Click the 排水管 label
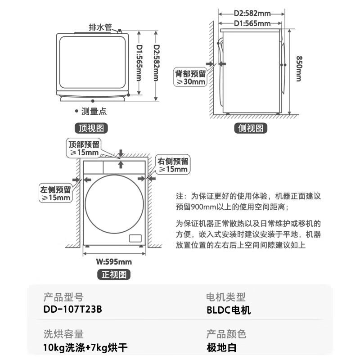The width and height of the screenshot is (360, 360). coord(100,27)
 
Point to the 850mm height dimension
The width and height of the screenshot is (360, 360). coord(299,68)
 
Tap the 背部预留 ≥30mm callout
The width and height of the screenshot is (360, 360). coord(190,78)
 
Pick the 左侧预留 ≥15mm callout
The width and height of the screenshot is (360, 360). coord(55,193)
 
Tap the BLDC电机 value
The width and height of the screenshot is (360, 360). coord(228,310)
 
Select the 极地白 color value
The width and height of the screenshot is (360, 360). coord(221,347)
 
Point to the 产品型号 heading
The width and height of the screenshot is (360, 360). coord(63,297)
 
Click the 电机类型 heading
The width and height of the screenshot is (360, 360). coord(226,297)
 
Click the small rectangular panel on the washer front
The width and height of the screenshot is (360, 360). coord(136,238)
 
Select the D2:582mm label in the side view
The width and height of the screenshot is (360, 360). coord(252,14)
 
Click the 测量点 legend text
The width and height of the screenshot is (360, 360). coord(94,111)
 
